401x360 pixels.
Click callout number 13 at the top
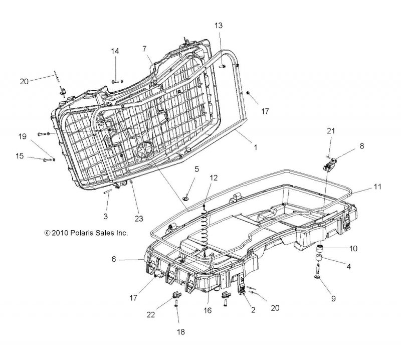(219, 26)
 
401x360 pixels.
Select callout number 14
(115, 51)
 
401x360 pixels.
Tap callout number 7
(144, 49)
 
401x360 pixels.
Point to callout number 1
(255, 147)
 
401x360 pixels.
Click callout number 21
(331, 131)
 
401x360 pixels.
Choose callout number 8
(361, 146)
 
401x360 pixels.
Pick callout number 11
(377, 187)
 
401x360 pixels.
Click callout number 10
(353, 249)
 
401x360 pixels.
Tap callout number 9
(333, 299)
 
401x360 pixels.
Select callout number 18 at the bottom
(180, 332)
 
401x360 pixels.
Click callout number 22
(151, 314)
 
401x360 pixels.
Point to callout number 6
(114, 259)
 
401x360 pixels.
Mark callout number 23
(139, 219)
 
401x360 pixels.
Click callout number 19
(22, 136)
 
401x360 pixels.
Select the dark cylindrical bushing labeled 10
(319, 249)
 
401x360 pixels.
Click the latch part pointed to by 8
(330, 164)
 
